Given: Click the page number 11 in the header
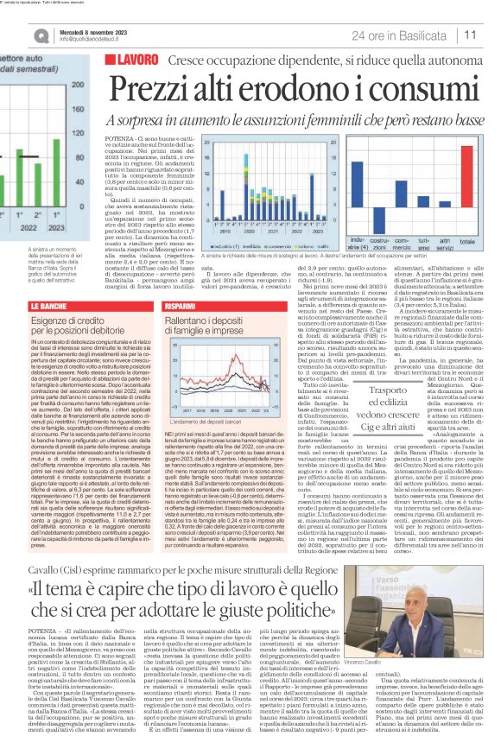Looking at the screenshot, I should (472, 35).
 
